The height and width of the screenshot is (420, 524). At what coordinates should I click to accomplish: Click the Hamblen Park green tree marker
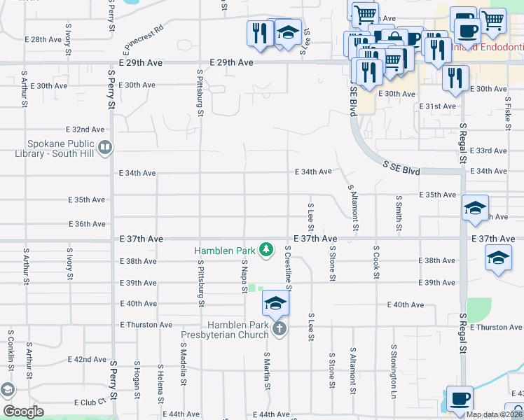coord(266,249)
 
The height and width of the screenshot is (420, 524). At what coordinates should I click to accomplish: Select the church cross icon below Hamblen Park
coord(279,328)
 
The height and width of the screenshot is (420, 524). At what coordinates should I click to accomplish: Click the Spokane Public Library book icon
coord(105,147)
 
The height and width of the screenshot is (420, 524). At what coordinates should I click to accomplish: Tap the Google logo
coord(23,412)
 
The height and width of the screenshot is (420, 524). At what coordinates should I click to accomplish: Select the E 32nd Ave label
coord(85,129)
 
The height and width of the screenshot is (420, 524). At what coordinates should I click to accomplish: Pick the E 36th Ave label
coord(87,224)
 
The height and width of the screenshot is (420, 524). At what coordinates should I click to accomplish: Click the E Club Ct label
coord(94,402)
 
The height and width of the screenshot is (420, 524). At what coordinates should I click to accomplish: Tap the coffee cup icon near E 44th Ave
coord(460,398)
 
